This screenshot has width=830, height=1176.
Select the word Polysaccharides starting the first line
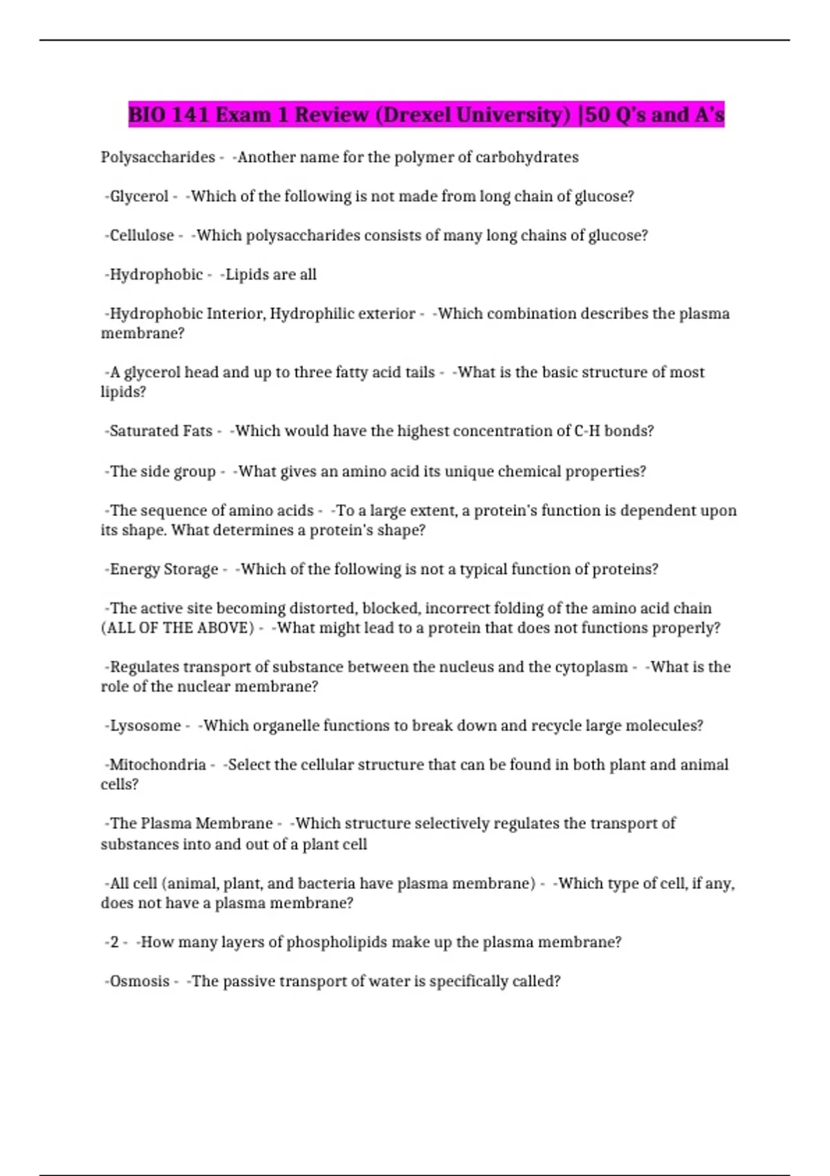point(158,158)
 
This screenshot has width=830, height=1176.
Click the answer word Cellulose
point(142,236)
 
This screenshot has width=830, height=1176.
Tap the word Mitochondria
point(158,765)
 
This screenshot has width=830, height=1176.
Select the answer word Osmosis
point(139,982)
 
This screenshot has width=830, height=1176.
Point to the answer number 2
point(114,942)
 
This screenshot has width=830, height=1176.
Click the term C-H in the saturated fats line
point(587,431)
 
